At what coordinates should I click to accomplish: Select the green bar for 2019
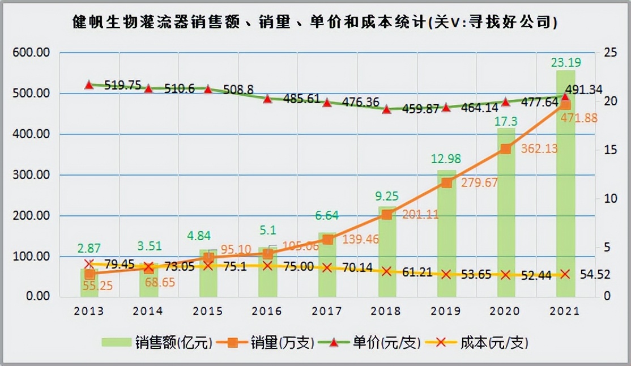coord(446,238)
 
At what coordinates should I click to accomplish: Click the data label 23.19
coord(565,62)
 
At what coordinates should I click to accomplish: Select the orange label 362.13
coord(524,149)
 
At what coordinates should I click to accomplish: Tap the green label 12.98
coord(446,160)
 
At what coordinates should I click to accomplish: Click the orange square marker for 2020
coord(506,149)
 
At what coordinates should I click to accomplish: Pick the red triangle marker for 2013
coord(89,85)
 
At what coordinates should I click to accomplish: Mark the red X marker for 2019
coord(446,274)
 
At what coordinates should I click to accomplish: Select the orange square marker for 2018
coord(386,214)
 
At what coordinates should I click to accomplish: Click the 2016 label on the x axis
coord(267,311)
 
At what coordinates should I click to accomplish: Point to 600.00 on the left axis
coord(32,53)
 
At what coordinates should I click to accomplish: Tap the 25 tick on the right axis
coord(610,53)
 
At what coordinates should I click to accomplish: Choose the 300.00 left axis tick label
coord(32,175)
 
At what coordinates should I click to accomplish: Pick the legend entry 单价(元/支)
coord(378,343)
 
